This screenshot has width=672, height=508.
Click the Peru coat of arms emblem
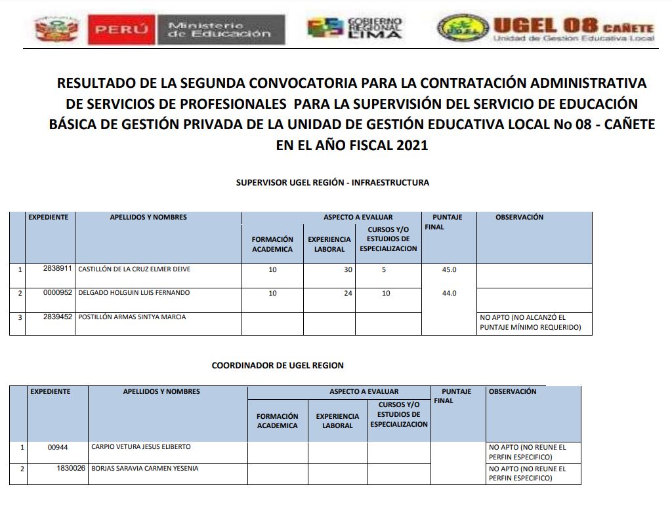57,29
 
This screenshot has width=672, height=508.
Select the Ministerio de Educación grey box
220,30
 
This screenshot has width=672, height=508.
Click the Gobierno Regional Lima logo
355,28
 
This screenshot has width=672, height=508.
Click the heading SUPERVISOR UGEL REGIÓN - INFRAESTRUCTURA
333,183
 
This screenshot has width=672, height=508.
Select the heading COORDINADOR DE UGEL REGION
278,365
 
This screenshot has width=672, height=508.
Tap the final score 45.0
449,269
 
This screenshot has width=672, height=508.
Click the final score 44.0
449,294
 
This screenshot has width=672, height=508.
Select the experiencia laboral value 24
348,294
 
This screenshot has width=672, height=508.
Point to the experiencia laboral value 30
348,269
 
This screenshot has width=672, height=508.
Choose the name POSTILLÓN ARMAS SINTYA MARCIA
132,317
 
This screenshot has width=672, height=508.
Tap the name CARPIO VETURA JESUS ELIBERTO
141,447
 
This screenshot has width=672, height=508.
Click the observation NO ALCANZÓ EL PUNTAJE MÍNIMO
531,322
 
